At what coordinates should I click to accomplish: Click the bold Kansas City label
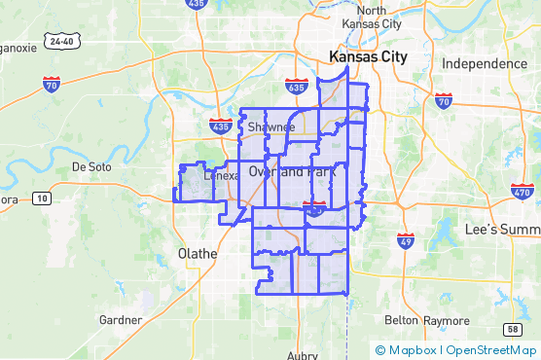369,57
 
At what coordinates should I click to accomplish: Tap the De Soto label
92,167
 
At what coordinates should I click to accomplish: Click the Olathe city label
197,253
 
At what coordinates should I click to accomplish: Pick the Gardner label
122,320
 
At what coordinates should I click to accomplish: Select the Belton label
402,320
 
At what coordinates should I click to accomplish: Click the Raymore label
446,320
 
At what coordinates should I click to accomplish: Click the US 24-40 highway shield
62,42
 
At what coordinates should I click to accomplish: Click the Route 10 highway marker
41,198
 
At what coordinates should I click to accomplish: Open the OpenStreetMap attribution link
491,350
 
